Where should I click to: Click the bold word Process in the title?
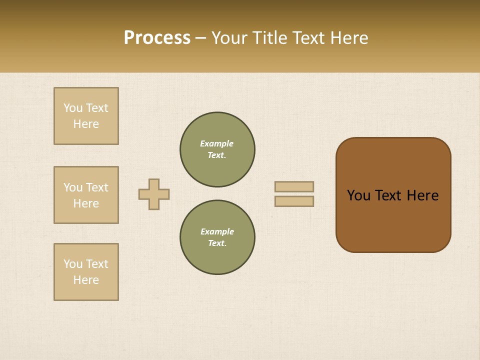[157, 38]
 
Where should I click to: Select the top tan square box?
[86, 116]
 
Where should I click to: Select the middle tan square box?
[86, 195]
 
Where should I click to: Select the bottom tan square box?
[86, 272]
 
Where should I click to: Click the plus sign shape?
[154, 194]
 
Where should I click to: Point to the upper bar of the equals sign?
[294, 186]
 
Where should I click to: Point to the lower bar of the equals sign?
[294, 201]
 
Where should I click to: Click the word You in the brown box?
[358, 195]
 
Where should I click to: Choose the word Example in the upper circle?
[216, 143]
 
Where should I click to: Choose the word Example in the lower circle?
[217, 231]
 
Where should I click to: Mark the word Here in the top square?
[86, 124]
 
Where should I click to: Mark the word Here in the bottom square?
[86, 280]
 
